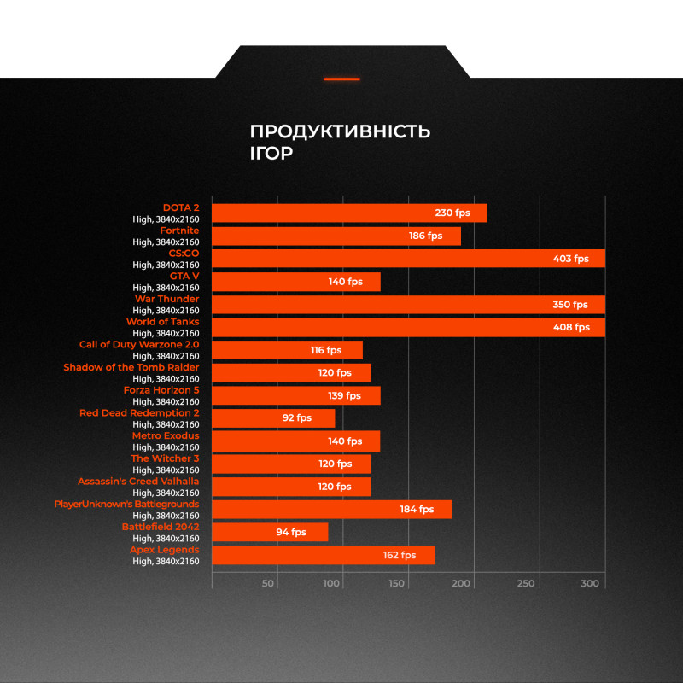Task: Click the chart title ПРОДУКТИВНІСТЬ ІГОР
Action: coord(340,142)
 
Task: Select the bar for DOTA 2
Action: coord(349,213)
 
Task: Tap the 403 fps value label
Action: coord(569,259)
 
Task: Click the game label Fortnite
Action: coord(179,231)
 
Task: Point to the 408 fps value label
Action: coord(570,327)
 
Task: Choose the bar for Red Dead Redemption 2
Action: coord(273,418)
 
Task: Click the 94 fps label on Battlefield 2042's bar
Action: coord(291,532)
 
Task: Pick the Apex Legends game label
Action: coord(164,550)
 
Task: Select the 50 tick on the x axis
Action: coord(268,583)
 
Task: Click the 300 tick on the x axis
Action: coord(590,583)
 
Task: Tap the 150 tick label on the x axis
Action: coord(396,583)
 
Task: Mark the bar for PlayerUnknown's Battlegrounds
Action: coord(331,510)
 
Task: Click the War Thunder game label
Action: coord(166,299)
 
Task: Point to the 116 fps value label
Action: coord(325,350)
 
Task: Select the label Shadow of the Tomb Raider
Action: coord(131,367)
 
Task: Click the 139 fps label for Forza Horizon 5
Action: coord(345,395)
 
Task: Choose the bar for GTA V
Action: coord(295,282)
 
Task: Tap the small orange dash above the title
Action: coord(341,79)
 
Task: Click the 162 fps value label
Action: coord(399,555)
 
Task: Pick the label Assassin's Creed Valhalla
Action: coord(138,482)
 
